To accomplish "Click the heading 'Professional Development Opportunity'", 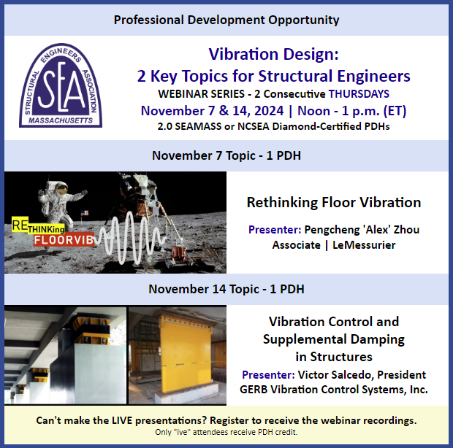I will point(226,19).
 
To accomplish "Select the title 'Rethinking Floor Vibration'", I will point(333,202).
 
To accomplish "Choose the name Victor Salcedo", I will point(335,375).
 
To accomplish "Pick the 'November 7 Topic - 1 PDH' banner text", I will point(226,156).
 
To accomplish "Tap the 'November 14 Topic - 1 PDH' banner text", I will point(226,289).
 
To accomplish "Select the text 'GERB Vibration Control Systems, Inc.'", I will point(333,390).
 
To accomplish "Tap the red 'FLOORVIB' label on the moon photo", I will point(50,239).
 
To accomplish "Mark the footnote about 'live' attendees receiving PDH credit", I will point(226,433).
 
